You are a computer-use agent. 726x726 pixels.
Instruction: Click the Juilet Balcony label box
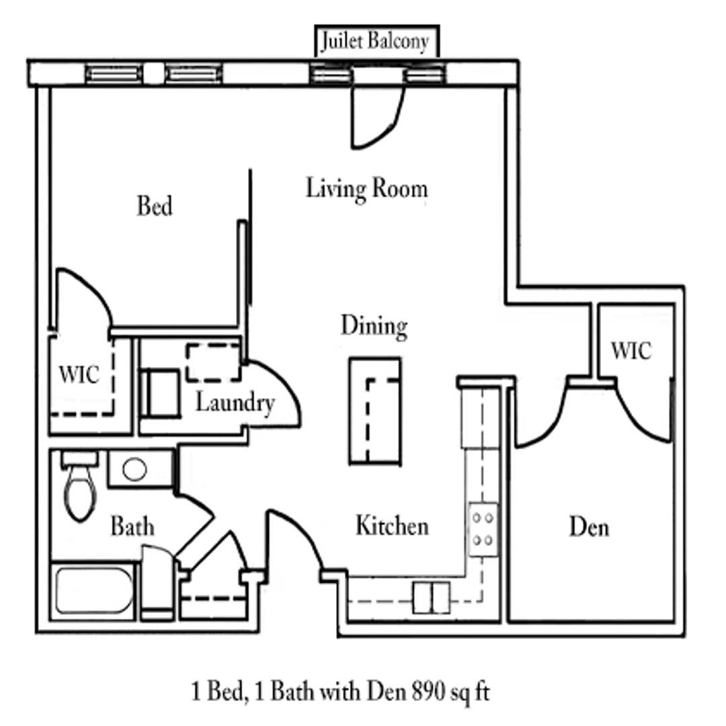click(375, 42)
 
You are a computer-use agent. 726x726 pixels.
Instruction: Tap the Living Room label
click(366, 188)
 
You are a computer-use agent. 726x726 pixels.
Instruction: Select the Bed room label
click(155, 205)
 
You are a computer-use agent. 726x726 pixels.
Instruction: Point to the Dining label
click(374, 326)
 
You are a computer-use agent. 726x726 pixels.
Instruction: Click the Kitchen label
click(392, 526)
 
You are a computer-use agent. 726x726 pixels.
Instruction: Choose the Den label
click(590, 526)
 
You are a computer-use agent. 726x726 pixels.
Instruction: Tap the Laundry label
click(235, 403)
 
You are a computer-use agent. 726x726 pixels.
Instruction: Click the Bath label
click(132, 526)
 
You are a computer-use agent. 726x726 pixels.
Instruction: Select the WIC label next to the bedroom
click(79, 374)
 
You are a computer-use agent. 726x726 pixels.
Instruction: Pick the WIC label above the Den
click(631, 350)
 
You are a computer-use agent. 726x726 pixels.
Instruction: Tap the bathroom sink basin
click(135, 469)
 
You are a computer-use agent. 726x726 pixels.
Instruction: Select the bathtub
click(94, 590)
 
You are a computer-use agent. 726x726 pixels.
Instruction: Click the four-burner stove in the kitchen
click(483, 529)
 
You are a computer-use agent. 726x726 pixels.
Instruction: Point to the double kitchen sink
click(430, 597)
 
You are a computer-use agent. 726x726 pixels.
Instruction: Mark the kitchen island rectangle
click(375, 411)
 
